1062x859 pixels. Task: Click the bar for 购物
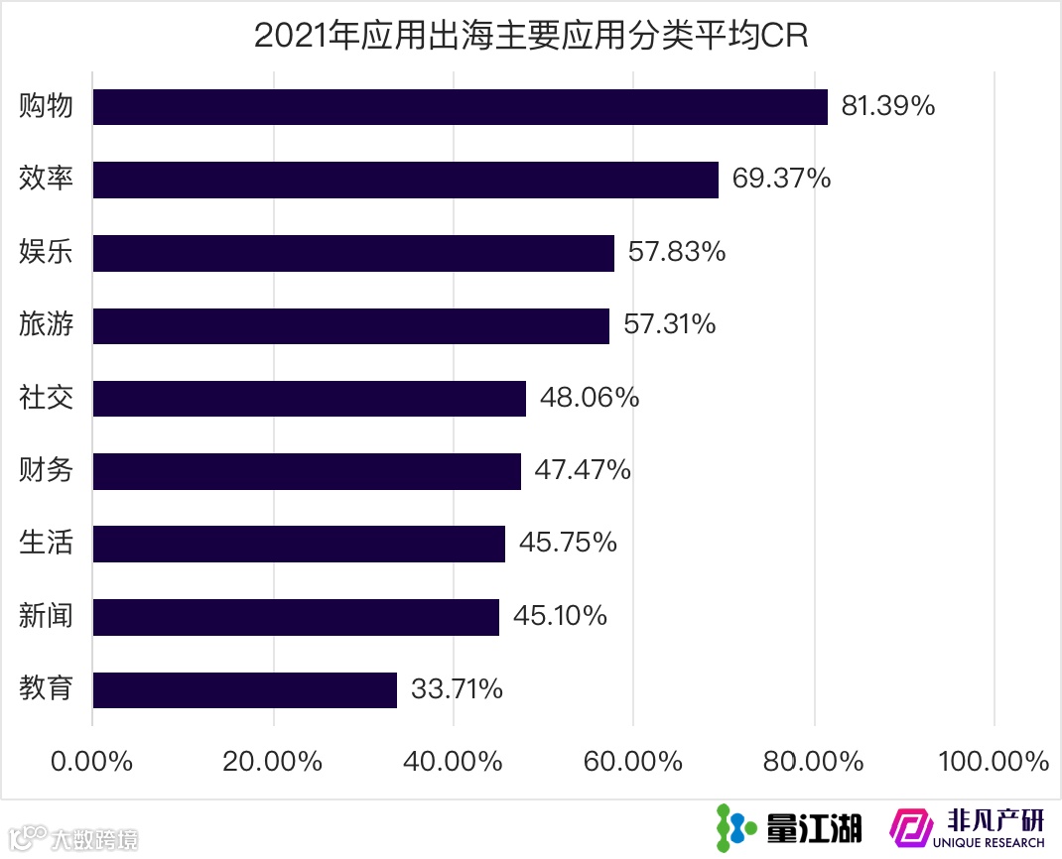(460, 107)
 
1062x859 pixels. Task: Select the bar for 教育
(244, 689)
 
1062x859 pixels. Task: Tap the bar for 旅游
(350, 325)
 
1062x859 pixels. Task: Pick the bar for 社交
(309, 398)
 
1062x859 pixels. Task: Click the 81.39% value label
(887, 106)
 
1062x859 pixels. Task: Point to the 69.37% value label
(781, 179)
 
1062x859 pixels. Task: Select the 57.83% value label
(677, 252)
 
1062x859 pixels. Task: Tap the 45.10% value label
(560, 616)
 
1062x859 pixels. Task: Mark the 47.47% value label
(583, 470)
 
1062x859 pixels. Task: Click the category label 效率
(47, 179)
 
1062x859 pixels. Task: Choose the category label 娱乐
(47, 252)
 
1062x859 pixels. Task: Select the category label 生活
(47, 543)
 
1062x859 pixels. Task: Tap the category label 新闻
(47, 616)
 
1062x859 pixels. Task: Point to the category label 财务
(47, 470)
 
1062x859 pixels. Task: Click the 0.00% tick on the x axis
(91, 762)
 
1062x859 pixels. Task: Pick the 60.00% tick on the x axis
(633, 762)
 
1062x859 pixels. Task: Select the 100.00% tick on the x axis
(994, 762)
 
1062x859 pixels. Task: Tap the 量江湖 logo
(789, 826)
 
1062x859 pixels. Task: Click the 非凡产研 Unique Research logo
(967, 826)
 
